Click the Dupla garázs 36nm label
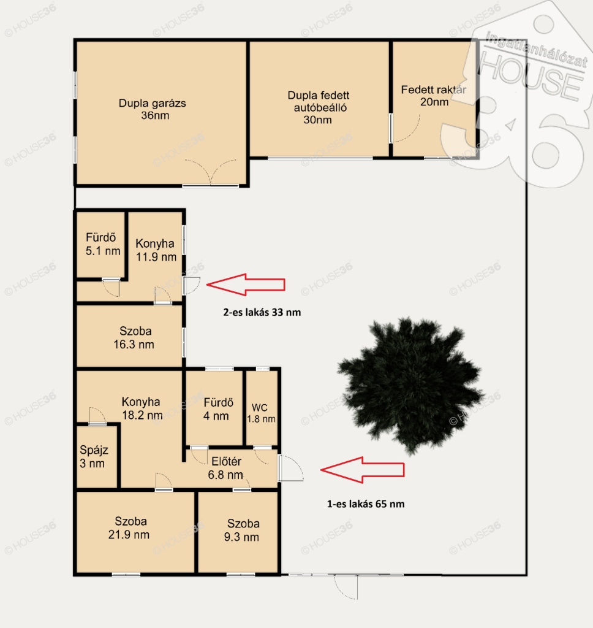click(x=153, y=109)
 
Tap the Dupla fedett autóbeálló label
click(x=319, y=107)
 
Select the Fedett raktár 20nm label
click(x=434, y=96)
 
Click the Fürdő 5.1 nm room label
click(x=102, y=244)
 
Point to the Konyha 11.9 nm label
click(x=156, y=250)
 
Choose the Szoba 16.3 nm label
click(x=134, y=338)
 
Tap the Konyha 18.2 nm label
click(x=142, y=408)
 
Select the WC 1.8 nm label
click(x=261, y=413)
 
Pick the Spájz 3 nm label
click(x=93, y=456)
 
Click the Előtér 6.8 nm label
click(x=225, y=468)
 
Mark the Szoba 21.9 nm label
click(x=129, y=528)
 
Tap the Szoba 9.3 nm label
click(x=242, y=530)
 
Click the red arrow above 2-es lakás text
click(x=246, y=285)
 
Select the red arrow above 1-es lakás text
click(x=363, y=470)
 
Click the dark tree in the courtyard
click(x=410, y=386)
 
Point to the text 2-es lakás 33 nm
click(x=262, y=312)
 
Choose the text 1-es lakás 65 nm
click(x=366, y=504)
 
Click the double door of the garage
click(x=211, y=172)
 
